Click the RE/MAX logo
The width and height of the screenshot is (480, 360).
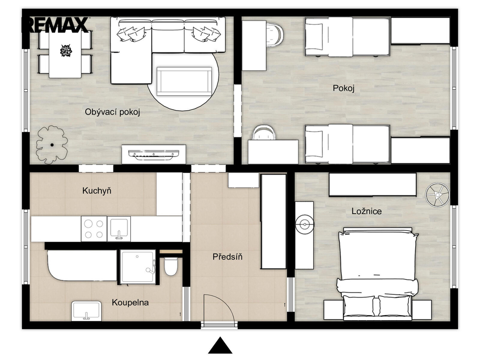(55, 25)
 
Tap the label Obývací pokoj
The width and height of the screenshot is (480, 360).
(112, 112)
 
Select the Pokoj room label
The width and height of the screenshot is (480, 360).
(344, 89)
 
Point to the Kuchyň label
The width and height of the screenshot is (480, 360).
(97, 191)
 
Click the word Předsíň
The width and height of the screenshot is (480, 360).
(227, 256)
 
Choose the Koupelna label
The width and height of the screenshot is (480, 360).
(130, 303)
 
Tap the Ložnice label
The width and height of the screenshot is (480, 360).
(367, 211)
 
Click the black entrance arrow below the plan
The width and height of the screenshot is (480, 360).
(220, 345)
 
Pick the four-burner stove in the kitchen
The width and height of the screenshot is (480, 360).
(94, 229)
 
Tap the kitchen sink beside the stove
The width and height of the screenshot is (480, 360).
(119, 228)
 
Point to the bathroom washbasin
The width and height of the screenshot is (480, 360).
(86, 311)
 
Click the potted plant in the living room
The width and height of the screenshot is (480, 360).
(52, 144)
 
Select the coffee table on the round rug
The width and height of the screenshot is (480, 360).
(184, 82)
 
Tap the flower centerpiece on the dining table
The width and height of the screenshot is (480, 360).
(66, 51)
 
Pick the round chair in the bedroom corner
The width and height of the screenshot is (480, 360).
(437, 195)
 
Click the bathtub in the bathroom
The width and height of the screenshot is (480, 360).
(82, 265)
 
